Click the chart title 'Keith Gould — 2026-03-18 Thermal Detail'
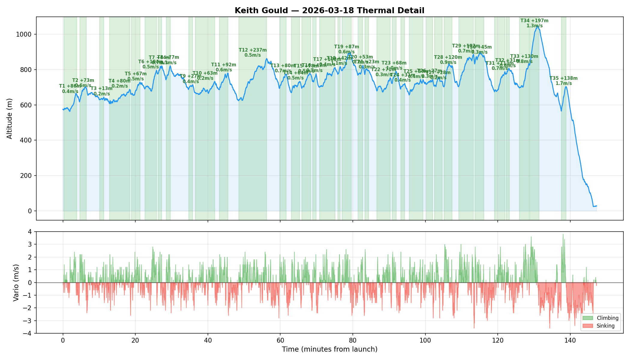pos(329,10)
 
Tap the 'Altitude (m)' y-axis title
pos(10,118)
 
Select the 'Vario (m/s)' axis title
pos(16,283)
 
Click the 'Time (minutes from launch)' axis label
pos(329,349)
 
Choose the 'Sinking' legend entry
pos(605,326)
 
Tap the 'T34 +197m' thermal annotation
pos(534,21)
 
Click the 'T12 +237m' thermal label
pos(253,50)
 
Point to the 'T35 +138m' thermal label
pos(563,78)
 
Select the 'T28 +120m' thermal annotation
pos(448,57)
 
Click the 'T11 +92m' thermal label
pos(223,65)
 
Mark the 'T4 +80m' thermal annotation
pos(119,81)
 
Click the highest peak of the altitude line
pos(538,27)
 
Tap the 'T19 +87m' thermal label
pos(346,47)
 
